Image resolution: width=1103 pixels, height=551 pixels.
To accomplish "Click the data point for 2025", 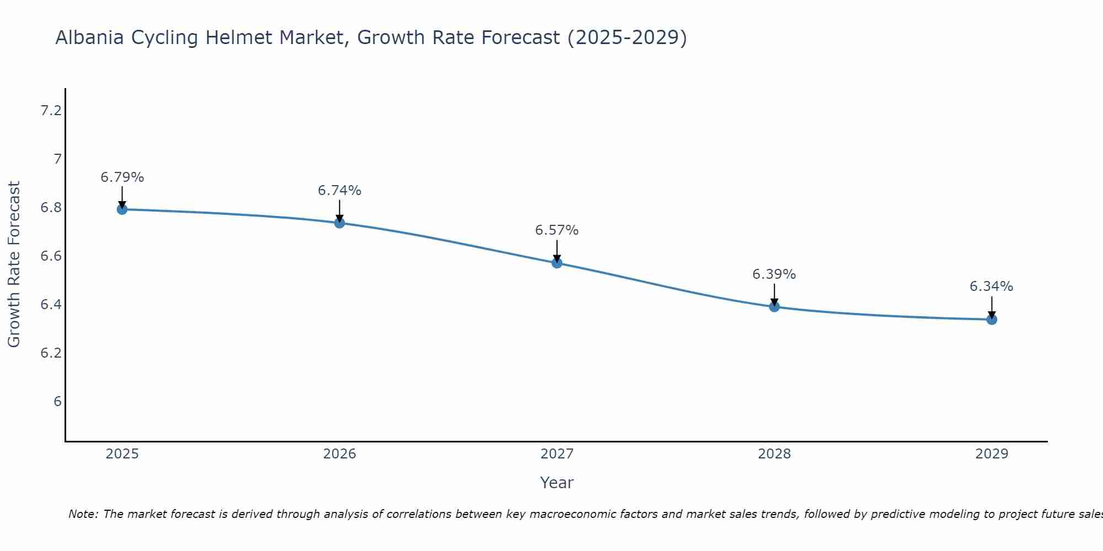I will pyautogui.click(x=122, y=209).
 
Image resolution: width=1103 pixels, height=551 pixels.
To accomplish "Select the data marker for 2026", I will pyautogui.click(x=340, y=223).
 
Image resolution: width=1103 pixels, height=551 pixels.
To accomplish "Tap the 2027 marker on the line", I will pyautogui.click(x=557, y=263).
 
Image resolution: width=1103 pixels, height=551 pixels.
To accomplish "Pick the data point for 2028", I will pyautogui.click(x=774, y=307).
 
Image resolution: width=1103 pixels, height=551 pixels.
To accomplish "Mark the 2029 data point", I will pyautogui.click(x=992, y=320).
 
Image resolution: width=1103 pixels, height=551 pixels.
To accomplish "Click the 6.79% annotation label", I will pyautogui.click(x=122, y=177).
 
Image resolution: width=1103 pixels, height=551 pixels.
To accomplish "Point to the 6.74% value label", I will pyautogui.click(x=340, y=191).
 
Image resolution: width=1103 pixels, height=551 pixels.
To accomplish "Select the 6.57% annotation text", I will pyautogui.click(x=557, y=230).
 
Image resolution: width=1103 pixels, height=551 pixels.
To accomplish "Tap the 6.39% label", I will pyautogui.click(x=774, y=274).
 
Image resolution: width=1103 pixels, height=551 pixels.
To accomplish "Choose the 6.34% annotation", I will pyautogui.click(x=992, y=287).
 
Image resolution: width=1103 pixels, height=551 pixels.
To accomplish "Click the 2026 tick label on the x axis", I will pyautogui.click(x=340, y=454).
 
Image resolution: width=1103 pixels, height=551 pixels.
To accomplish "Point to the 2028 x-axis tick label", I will pyautogui.click(x=774, y=454).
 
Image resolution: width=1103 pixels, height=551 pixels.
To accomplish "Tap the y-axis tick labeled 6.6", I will pyautogui.click(x=51, y=256).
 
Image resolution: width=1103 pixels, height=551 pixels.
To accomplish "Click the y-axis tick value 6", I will pyautogui.click(x=57, y=402).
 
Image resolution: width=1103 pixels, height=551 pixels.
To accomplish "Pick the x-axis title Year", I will pyautogui.click(x=557, y=483).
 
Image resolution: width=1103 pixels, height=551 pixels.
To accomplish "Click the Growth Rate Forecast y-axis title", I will pyautogui.click(x=14, y=264).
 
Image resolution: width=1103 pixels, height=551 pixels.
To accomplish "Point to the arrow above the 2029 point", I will pyautogui.click(x=992, y=307).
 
